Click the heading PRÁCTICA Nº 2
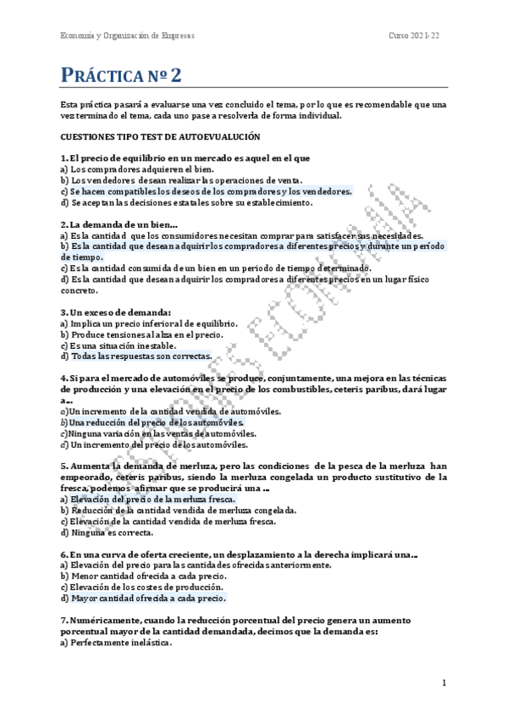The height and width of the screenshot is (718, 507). [x=121, y=75]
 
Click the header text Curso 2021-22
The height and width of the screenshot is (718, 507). [x=414, y=35]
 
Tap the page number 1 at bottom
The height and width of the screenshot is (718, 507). [x=444, y=682]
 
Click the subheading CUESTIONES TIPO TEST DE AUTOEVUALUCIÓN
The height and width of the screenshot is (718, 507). [x=160, y=135]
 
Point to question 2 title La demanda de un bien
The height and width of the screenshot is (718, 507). [x=120, y=224]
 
